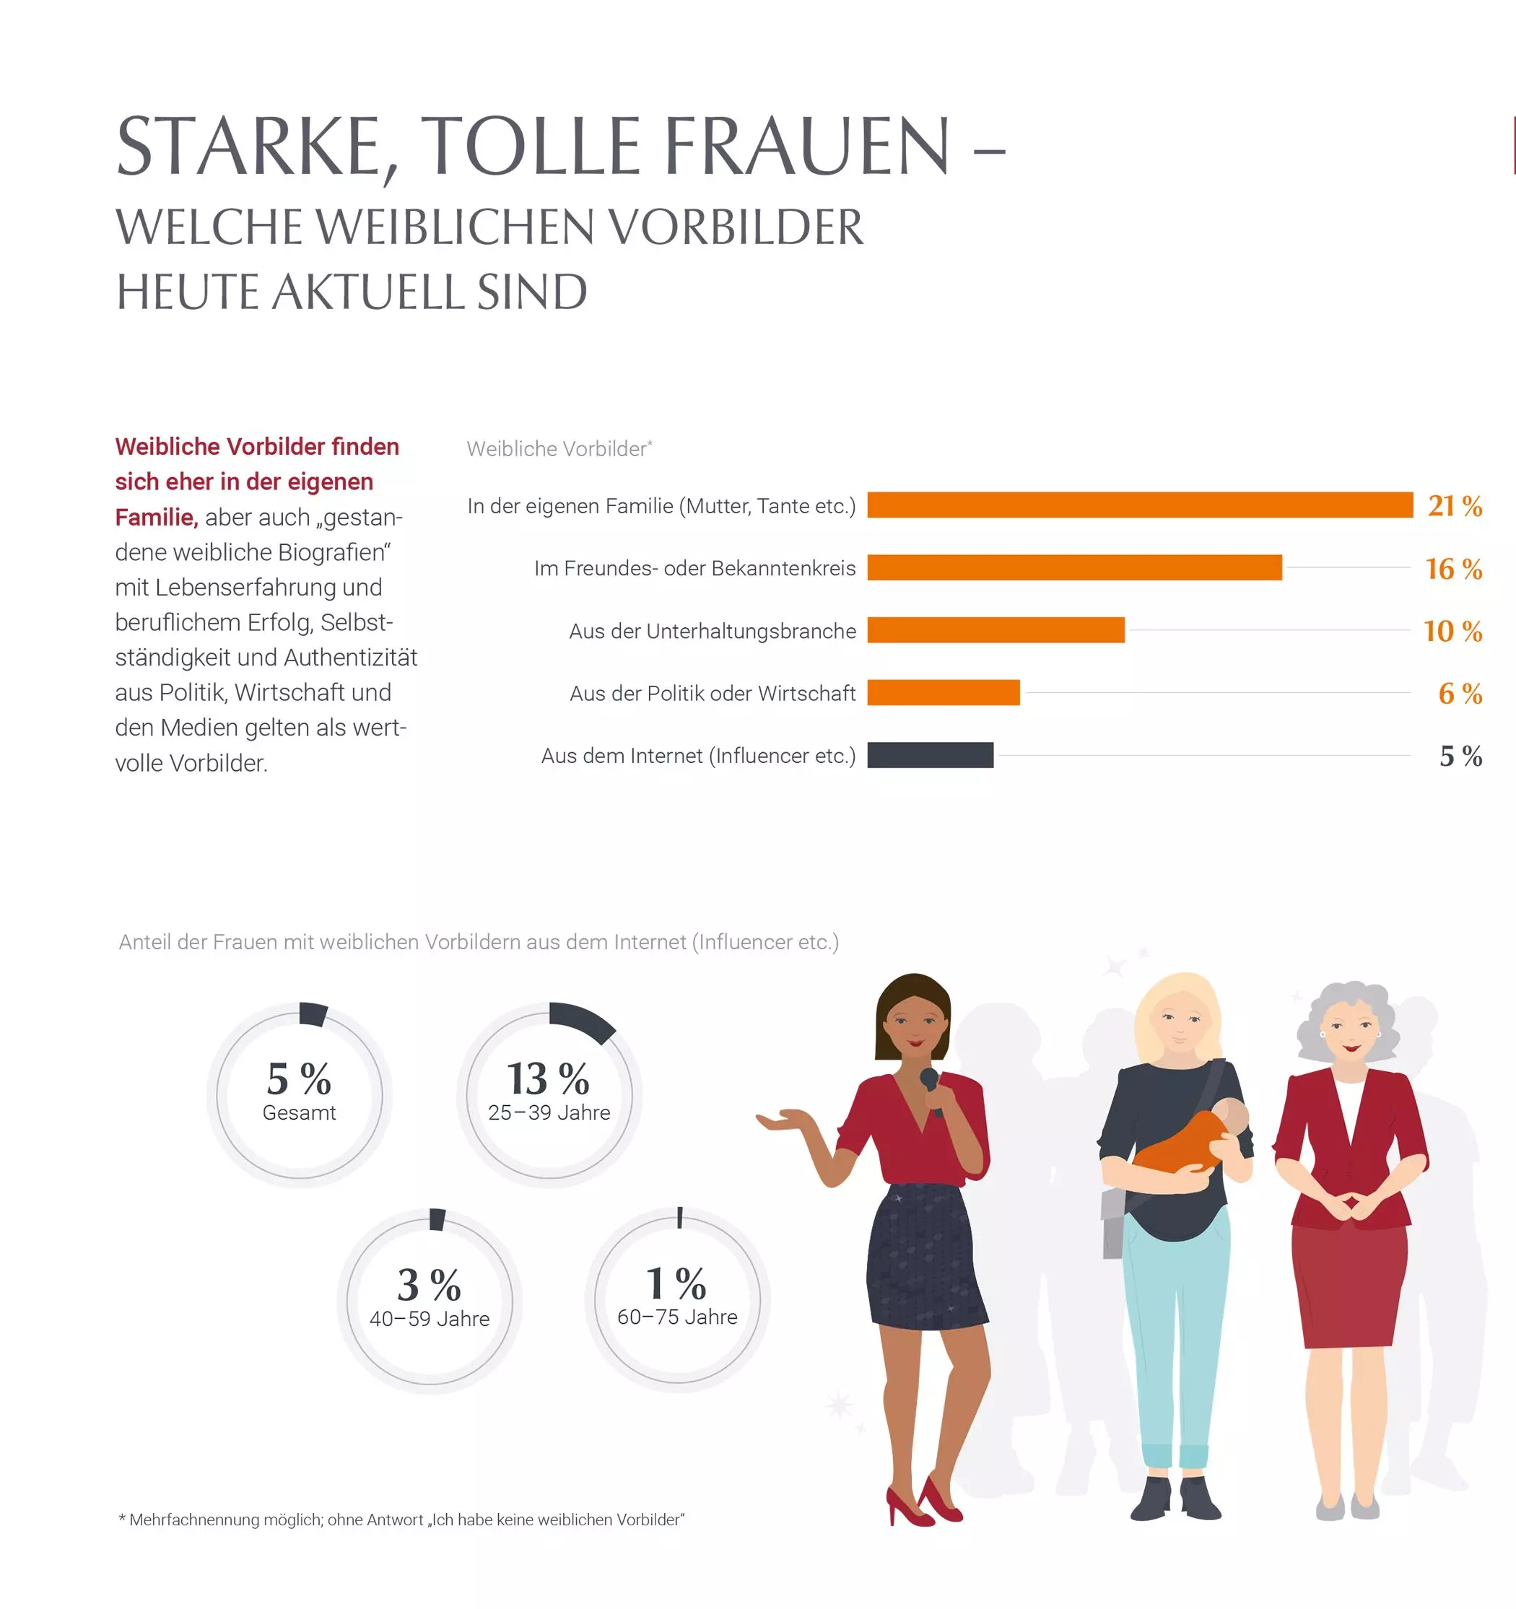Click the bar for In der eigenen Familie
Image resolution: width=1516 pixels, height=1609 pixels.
point(1140,505)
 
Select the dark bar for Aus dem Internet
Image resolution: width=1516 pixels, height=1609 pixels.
point(930,755)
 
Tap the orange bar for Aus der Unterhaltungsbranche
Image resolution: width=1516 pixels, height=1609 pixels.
point(996,629)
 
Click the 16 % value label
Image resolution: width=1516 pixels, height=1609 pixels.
point(1453,569)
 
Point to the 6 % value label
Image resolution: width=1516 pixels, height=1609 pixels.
point(1460,694)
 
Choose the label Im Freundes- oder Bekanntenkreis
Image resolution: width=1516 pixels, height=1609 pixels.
point(694,568)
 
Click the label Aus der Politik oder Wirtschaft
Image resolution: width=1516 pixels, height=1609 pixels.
point(713,694)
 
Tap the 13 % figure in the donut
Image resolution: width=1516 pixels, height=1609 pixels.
point(548,1079)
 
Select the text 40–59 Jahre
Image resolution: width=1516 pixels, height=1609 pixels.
point(430,1320)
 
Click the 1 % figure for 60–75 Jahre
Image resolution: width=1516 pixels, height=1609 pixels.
point(676,1283)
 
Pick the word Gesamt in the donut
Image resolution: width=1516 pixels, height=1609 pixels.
point(299,1113)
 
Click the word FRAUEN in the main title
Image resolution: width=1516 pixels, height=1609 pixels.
point(807,147)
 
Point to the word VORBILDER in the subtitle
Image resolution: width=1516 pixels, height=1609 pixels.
point(735,227)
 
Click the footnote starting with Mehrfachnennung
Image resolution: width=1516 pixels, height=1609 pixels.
point(402,1520)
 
